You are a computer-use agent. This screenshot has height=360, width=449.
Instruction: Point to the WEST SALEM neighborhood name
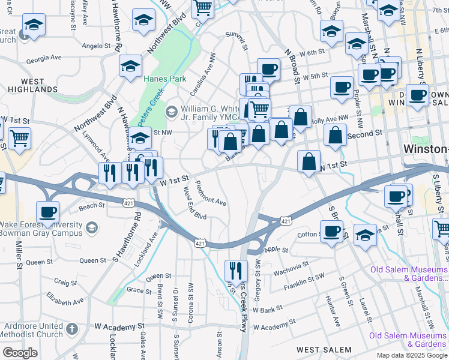pos(324,349)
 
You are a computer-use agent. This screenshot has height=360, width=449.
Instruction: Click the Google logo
pos(20,353)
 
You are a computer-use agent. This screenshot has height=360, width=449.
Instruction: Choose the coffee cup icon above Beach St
pos(47,211)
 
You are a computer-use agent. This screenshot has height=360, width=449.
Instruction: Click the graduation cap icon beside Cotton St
pos(365,233)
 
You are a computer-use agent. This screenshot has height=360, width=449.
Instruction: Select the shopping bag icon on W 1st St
pos(309,161)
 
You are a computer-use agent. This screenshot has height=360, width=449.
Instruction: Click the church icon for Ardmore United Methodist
pos(72,328)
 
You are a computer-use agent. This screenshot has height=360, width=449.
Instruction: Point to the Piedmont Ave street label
pos(211,193)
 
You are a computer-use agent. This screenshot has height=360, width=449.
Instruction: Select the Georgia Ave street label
pos(44,58)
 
